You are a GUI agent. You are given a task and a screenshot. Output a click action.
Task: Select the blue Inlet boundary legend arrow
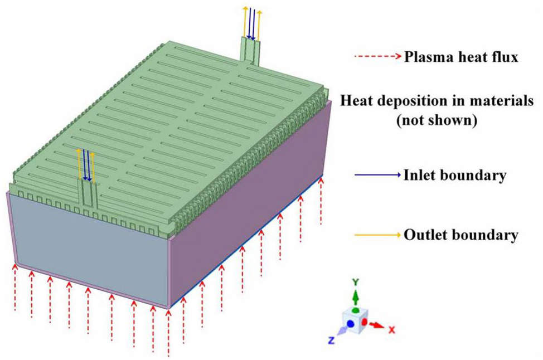(377, 175)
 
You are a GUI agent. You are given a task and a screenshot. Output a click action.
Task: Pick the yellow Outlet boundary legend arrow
(377, 235)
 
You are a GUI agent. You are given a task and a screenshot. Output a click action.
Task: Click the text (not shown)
(437, 121)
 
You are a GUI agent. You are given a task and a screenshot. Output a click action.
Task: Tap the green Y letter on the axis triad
(355, 282)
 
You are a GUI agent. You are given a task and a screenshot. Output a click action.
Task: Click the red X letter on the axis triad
(391, 329)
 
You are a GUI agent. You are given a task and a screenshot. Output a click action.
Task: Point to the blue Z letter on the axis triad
(331, 340)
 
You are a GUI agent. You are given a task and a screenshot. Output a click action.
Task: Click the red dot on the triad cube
(364, 322)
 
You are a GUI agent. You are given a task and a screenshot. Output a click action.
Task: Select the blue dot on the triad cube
(350, 324)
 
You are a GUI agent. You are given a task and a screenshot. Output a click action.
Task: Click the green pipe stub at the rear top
(250, 51)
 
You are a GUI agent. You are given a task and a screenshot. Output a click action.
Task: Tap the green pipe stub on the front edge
(88, 194)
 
